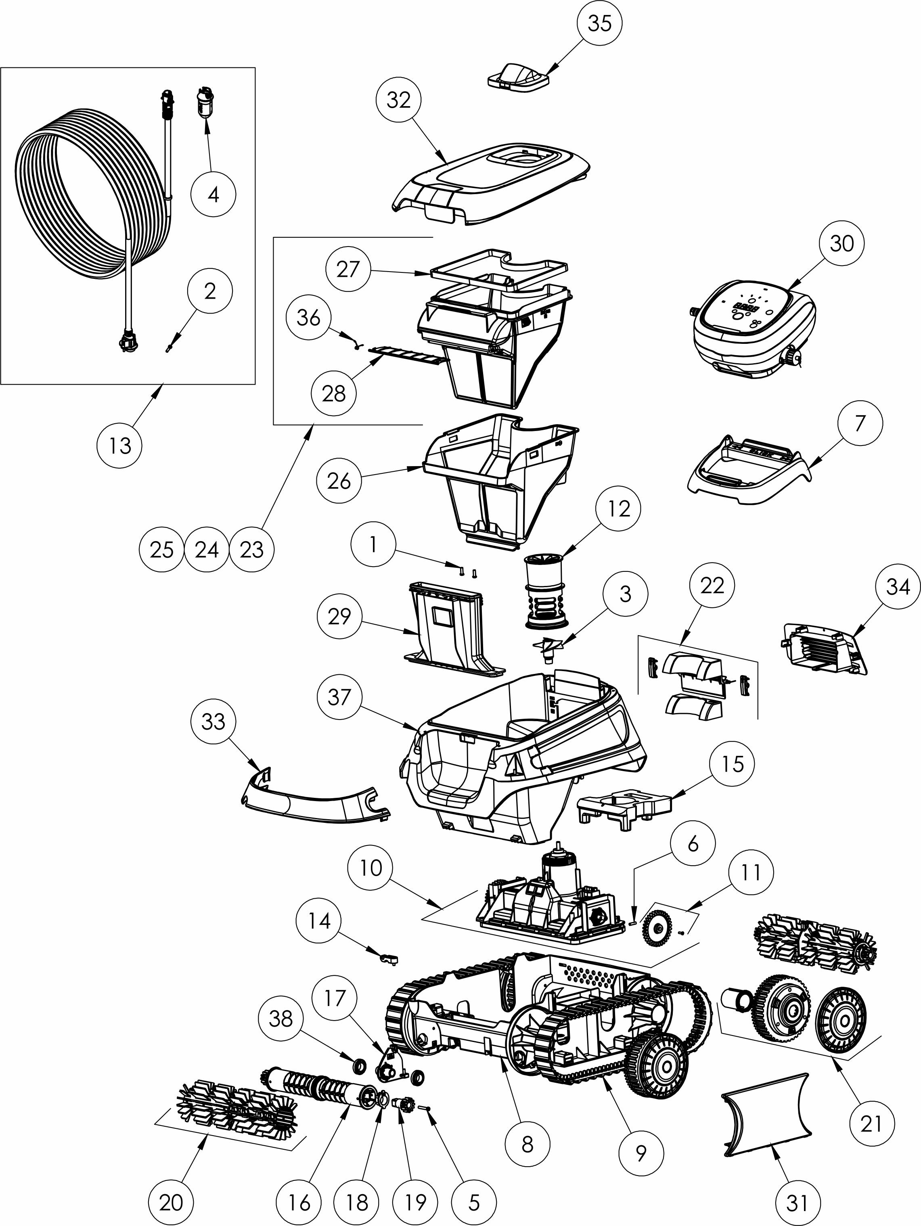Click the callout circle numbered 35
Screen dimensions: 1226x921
(599, 24)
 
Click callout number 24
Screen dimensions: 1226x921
(207, 550)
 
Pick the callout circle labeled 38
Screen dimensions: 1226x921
(280, 1018)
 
